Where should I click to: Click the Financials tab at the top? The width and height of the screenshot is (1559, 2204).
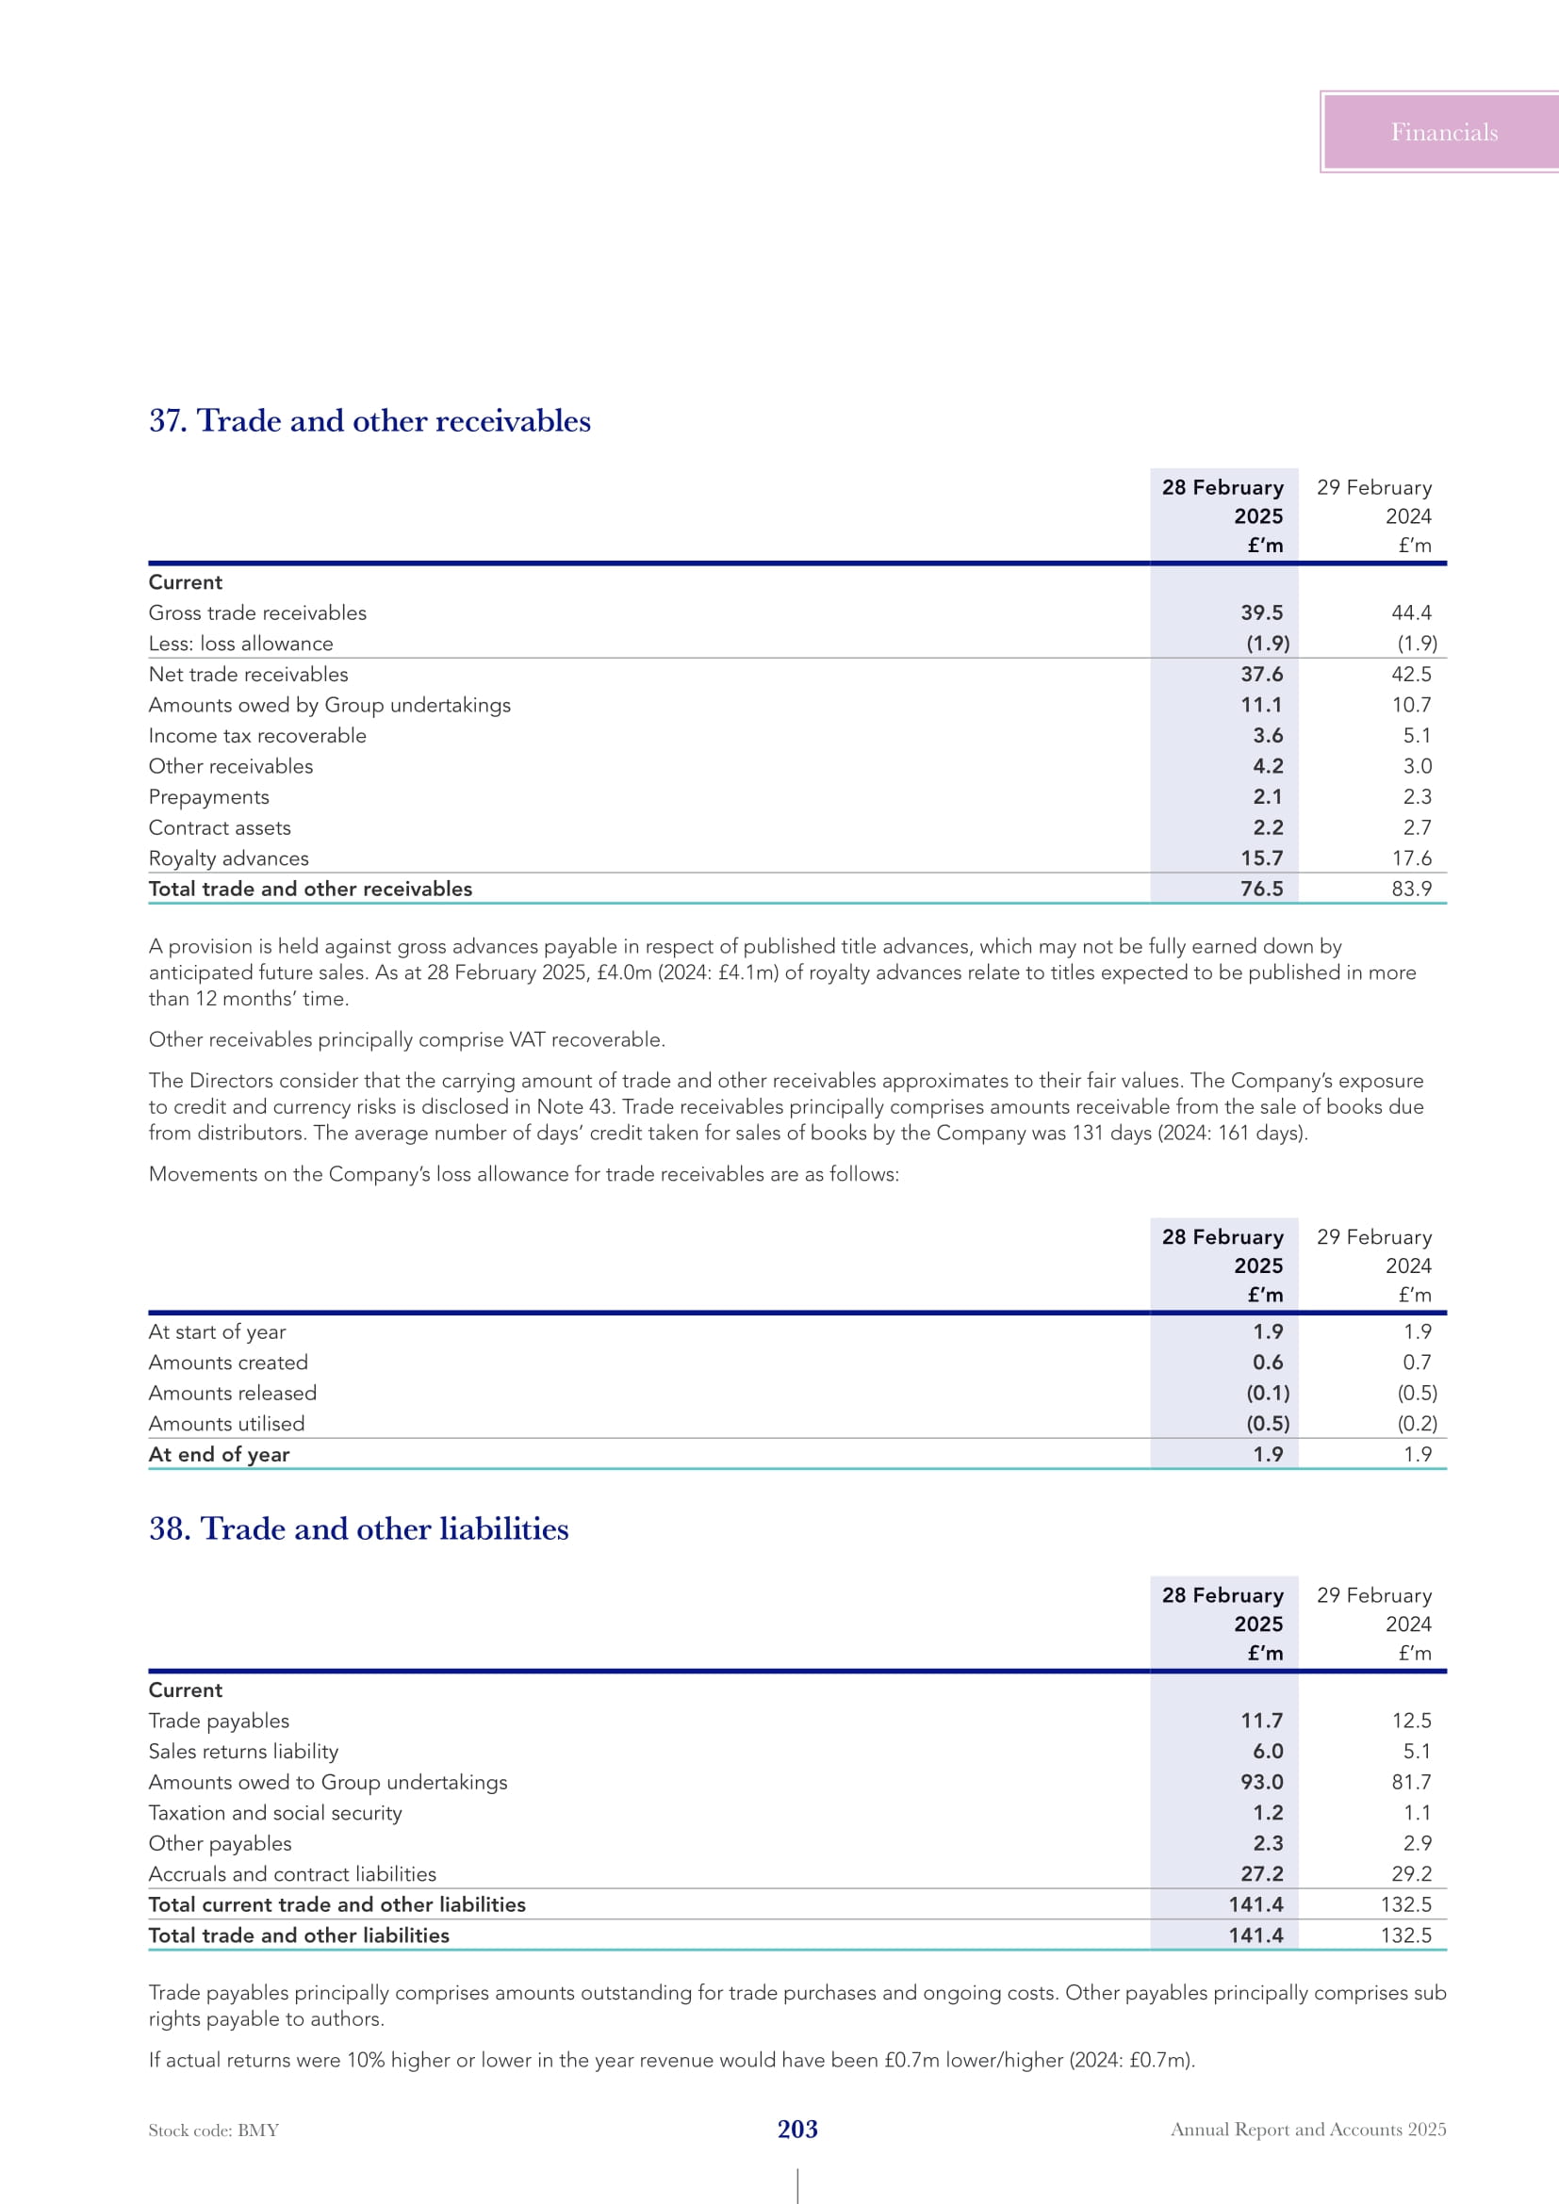coord(1443,133)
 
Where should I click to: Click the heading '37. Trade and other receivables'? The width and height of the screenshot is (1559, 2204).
coord(369,420)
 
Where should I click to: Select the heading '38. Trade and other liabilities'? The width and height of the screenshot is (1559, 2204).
coord(358,1528)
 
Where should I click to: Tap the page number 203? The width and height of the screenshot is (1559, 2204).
coord(796,2130)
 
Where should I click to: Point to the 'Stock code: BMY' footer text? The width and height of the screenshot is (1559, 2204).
coord(213,2131)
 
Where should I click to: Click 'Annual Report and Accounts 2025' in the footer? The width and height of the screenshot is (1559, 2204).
coord(1307,2130)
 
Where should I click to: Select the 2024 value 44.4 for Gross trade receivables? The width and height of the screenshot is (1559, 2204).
coord(1410,612)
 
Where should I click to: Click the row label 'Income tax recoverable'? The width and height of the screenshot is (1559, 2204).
coord(257,735)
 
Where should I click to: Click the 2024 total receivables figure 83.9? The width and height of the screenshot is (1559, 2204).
coord(1410,889)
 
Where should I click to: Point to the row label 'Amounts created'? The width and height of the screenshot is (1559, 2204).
coord(228,1363)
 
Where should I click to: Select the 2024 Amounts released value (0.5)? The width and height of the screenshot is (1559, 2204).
coord(1416,1393)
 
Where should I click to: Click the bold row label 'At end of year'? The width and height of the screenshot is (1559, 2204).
coord(219,1454)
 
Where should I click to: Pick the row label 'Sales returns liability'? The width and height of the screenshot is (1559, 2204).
coord(243,1751)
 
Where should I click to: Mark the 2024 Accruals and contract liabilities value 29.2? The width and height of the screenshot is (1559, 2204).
coord(1410,1874)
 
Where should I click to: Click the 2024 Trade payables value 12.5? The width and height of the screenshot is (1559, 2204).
coord(1410,1721)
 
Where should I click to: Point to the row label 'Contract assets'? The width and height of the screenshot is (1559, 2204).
coord(220,827)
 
